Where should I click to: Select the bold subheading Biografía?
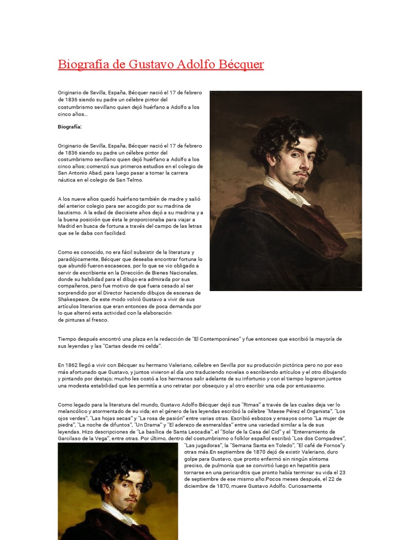pos(70,127)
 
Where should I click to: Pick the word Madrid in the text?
pos(66,226)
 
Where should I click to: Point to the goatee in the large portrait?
pos(300,185)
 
